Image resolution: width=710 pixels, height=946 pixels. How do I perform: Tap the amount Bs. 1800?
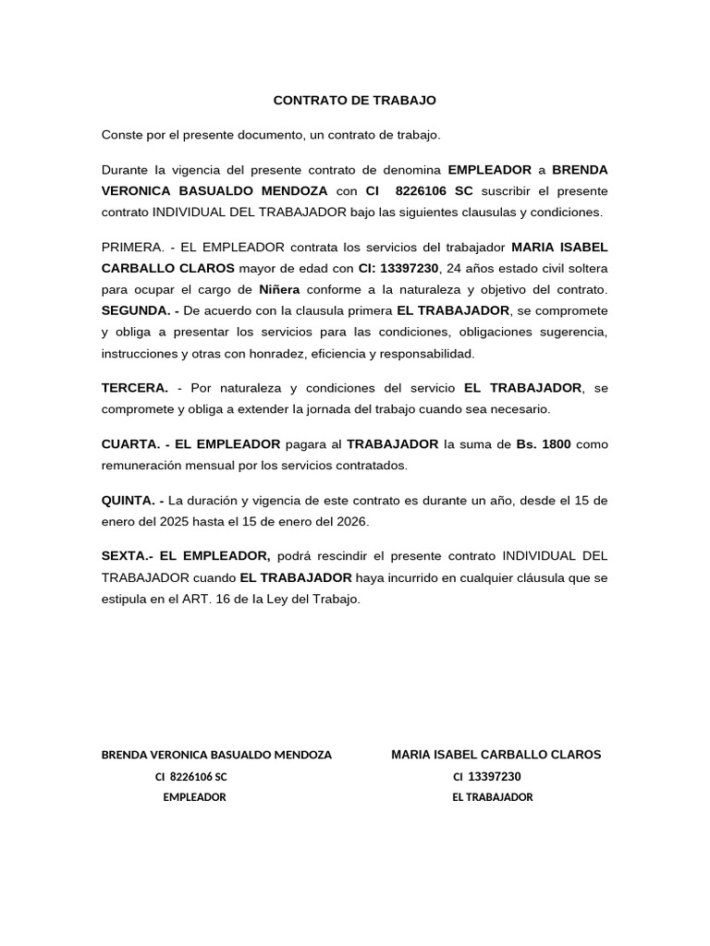coord(544,444)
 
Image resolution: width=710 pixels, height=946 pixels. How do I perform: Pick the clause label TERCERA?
coord(135,387)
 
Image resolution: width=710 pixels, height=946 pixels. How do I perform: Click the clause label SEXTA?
coord(125,556)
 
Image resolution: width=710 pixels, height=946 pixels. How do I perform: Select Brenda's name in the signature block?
coord(216,755)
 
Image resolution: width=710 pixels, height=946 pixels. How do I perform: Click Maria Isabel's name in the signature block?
coord(496,755)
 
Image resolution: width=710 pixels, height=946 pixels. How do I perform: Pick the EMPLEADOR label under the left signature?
coord(194,797)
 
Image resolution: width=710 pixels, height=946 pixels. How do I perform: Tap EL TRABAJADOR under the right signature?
coord(493,797)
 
